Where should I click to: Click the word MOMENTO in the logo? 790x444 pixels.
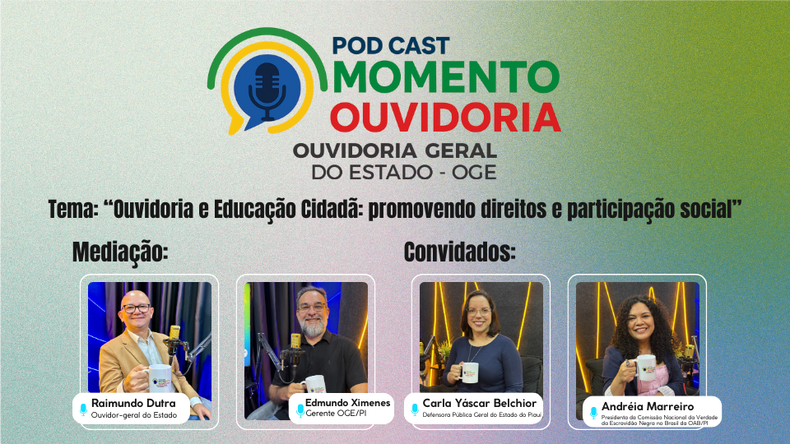(446, 77)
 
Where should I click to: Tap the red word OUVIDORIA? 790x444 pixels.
(445, 118)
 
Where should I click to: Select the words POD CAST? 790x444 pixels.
(390, 46)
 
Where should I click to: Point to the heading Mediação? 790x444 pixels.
(120, 252)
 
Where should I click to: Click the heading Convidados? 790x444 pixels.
(459, 252)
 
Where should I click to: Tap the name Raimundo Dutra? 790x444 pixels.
(133, 403)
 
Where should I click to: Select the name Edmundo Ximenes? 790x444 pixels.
(347, 403)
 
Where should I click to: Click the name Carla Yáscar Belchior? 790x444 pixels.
(479, 403)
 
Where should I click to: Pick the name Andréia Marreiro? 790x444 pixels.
(648, 406)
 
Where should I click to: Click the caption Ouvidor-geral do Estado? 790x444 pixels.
(134, 415)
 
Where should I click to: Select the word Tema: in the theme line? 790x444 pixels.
(73, 210)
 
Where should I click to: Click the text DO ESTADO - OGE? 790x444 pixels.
(404, 173)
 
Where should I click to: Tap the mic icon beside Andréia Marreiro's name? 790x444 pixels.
(593, 413)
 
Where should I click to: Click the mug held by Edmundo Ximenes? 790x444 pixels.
(314, 384)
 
